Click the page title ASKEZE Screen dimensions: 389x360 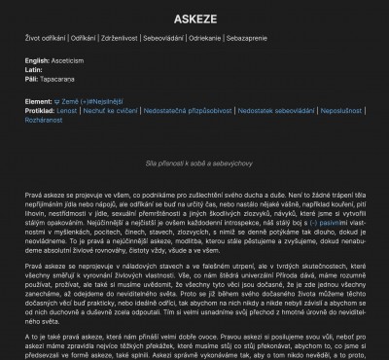[x=194, y=18]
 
